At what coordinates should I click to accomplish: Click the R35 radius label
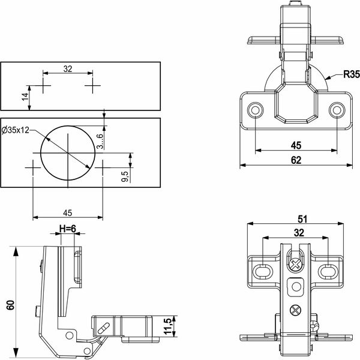(352, 74)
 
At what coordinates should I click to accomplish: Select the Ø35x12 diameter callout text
(16, 130)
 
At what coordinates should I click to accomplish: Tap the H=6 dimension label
(67, 229)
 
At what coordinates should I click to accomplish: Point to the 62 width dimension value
(296, 160)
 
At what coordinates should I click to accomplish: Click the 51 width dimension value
(302, 219)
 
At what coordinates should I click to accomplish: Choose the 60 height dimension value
(11, 305)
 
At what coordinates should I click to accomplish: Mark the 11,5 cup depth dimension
(168, 326)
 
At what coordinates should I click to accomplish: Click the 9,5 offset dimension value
(125, 176)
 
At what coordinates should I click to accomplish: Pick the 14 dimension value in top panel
(25, 96)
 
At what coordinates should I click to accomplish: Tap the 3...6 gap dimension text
(100, 141)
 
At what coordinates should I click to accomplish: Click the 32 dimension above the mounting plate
(299, 233)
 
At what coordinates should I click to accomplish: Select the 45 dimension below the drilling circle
(67, 213)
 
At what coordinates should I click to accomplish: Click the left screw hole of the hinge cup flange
(256, 110)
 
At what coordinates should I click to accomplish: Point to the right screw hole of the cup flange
(337, 110)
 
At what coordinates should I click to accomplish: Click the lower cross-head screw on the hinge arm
(295, 310)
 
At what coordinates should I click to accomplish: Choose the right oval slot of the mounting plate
(328, 271)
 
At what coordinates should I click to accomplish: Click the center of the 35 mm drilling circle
(68, 152)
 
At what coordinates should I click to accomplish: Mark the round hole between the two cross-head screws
(296, 287)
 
